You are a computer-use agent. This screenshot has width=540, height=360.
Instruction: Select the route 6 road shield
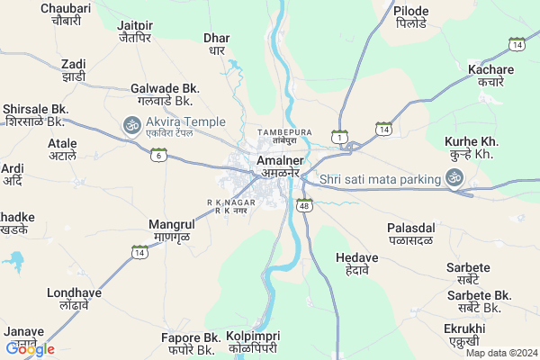[x=158, y=155]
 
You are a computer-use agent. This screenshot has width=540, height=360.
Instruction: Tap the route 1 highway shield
[x=339, y=136]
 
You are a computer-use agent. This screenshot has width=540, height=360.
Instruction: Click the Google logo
[x=31, y=348]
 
